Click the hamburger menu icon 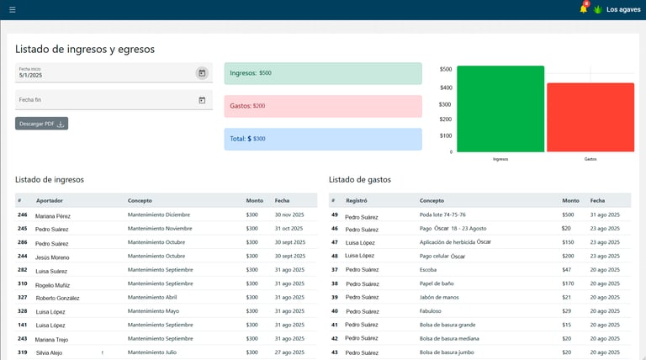tap(12, 10)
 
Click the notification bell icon tap(584, 10)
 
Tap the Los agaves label tap(623, 10)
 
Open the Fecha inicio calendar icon tap(202, 73)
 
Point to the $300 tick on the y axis tap(445, 104)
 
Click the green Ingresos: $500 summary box tap(323, 73)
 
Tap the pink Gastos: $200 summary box tap(323, 106)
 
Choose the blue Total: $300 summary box tap(323, 139)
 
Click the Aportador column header tap(49, 200)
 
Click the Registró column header tap(357, 200)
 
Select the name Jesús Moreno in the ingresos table tap(53, 257)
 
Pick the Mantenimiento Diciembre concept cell tap(160, 214)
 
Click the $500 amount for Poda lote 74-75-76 tap(568, 214)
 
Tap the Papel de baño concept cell tap(437, 283)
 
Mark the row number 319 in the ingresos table tap(22, 352)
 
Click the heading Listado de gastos tap(360, 179)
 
